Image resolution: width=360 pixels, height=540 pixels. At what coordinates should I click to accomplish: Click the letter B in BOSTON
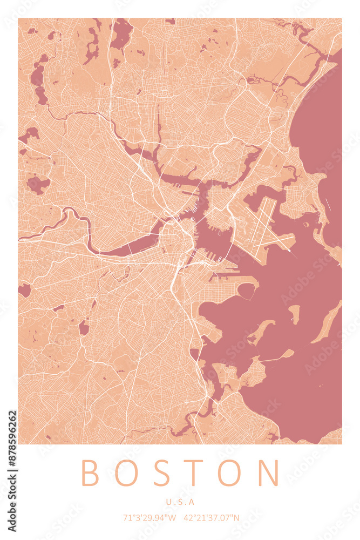coord(90,473)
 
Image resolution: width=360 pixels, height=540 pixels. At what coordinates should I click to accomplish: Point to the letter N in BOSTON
coord(268,473)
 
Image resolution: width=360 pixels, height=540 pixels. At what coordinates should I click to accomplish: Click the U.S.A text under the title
coord(180,502)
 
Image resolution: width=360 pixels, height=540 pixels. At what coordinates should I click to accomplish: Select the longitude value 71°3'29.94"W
coord(150,518)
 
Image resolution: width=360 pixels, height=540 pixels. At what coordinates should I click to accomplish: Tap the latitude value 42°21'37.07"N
coord(211,518)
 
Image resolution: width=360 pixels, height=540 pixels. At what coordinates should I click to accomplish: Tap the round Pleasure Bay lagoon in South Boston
coord(246,291)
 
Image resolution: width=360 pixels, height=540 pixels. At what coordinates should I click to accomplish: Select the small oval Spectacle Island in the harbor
coord(294,313)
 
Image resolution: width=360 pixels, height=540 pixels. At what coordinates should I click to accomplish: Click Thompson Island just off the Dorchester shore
coord(261,330)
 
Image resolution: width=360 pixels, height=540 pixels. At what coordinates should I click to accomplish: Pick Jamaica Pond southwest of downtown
coord(84,327)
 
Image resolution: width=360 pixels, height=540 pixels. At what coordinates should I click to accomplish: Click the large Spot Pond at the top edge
coord(121,32)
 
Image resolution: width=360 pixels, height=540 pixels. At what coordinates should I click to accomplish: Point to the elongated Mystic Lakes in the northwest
coord(38,81)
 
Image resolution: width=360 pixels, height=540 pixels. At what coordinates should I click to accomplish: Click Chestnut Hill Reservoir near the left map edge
coord(24,290)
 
